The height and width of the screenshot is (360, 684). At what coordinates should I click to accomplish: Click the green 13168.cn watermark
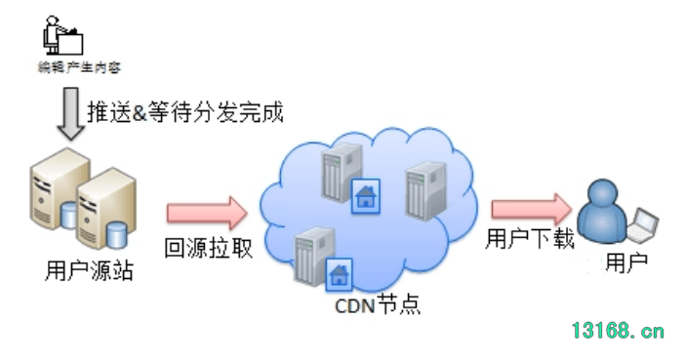(x=619, y=331)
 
